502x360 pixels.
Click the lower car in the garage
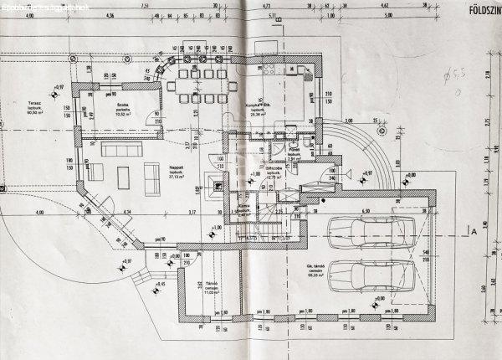pos(368,274)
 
